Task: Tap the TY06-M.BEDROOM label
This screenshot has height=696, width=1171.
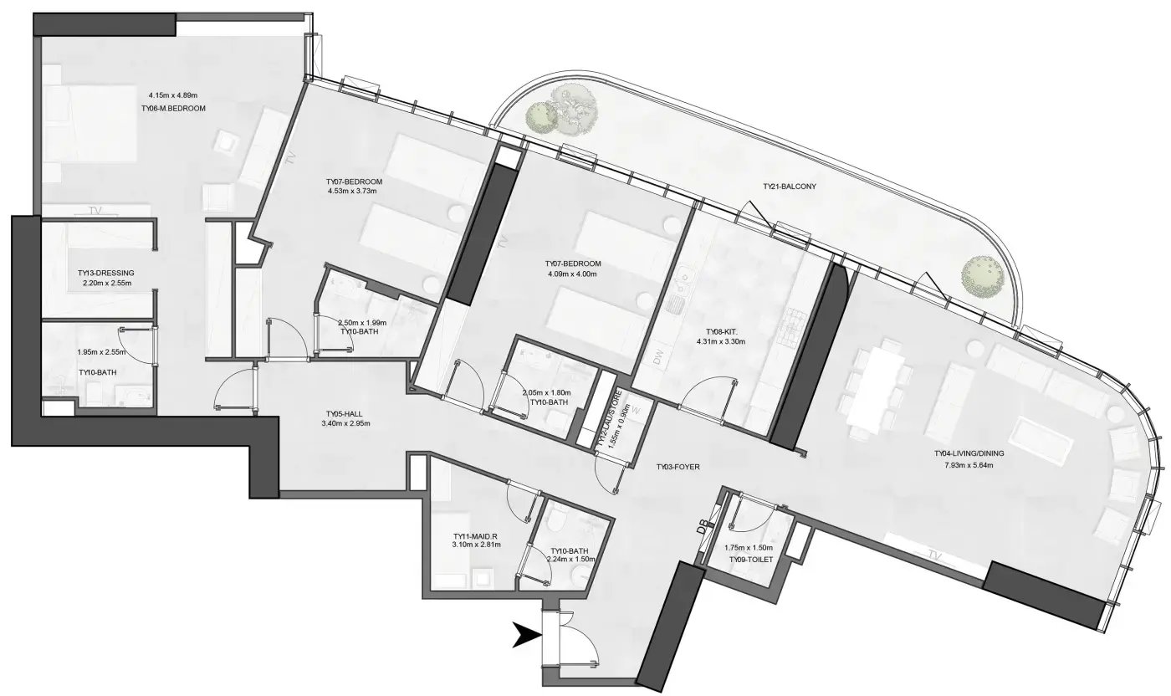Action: click(x=174, y=109)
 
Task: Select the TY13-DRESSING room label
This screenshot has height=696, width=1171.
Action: click(x=106, y=273)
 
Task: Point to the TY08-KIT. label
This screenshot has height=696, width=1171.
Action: click(x=721, y=332)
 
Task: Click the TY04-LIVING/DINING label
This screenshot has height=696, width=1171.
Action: click(x=969, y=454)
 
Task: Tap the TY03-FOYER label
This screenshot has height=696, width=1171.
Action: click(x=678, y=467)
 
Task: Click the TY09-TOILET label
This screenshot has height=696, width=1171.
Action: click(x=751, y=560)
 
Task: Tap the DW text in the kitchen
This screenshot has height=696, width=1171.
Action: click(x=658, y=358)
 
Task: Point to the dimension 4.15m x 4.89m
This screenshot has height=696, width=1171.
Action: click(x=173, y=95)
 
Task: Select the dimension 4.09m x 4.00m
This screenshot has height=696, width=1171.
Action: click(x=572, y=274)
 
